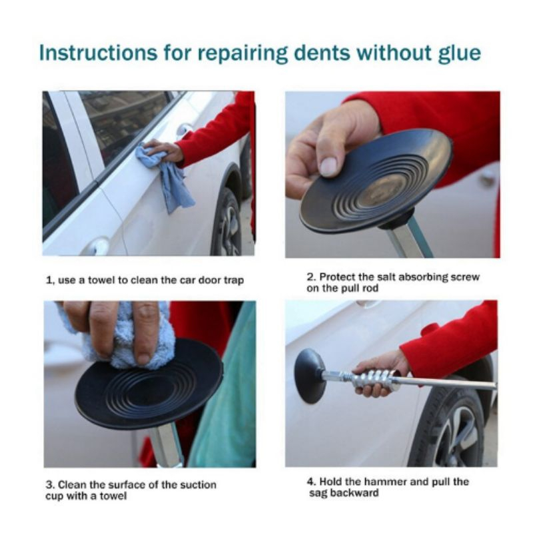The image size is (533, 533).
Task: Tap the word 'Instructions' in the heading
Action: pos(98,53)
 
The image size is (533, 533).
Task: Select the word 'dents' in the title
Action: pos(322,53)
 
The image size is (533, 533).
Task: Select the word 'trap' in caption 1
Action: pos(234,280)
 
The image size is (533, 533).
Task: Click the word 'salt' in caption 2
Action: pos(386,277)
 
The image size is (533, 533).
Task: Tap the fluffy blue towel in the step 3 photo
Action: pos(126,338)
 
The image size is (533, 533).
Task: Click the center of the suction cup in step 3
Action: pos(149,385)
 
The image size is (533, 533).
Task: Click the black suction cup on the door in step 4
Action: pos(309,375)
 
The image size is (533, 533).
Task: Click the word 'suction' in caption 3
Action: pos(198,484)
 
